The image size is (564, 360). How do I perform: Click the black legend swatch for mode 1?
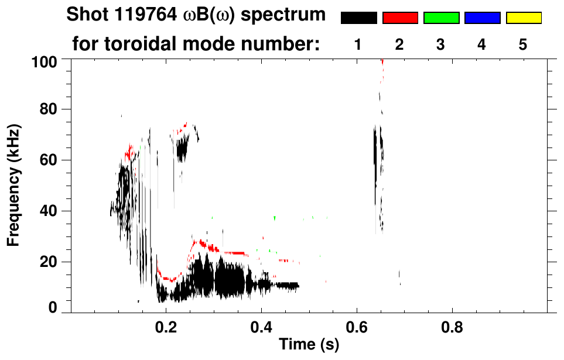tap(358, 18)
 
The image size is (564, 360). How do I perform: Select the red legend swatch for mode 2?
tap(400, 18)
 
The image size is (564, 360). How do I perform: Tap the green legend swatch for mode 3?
tap(441, 18)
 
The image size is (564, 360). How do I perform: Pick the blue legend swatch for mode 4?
tap(482, 18)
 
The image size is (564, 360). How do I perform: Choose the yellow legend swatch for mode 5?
tap(524, 18)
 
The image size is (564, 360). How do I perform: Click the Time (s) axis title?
tap(309, 345)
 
